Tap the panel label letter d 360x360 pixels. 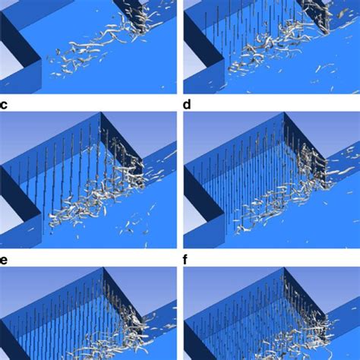point(188,106)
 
